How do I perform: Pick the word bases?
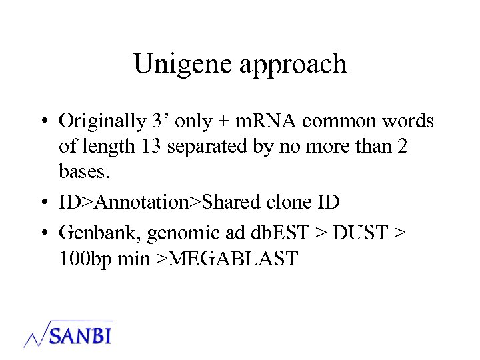85,171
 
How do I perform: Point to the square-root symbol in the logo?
37,333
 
